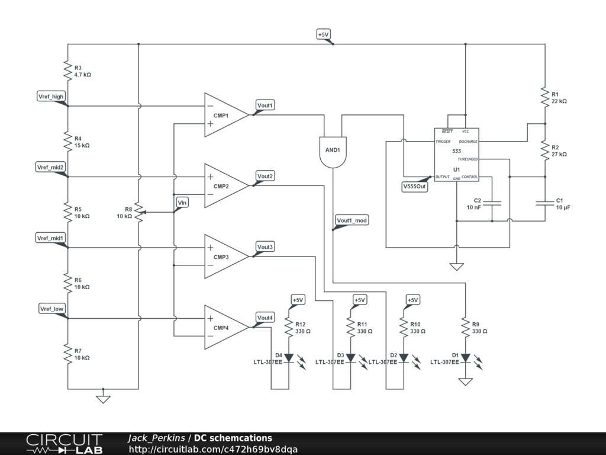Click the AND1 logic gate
(333, 150)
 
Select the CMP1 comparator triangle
(224, 115)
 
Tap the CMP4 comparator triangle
(224, 327)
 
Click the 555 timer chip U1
(456, 155)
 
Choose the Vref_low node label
(51, 309)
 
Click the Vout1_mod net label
(352, 221)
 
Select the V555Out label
(414, 186)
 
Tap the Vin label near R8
(182, 203)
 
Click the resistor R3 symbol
(67, 71)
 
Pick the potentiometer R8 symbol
(138, 212)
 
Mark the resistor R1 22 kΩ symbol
(544, 97)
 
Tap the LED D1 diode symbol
(466, 358)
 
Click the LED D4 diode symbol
(289, 358)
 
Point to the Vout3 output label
(265, 246)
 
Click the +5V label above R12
(297, 300)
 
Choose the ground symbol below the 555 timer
(456, 266)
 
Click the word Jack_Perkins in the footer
(156, 438)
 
